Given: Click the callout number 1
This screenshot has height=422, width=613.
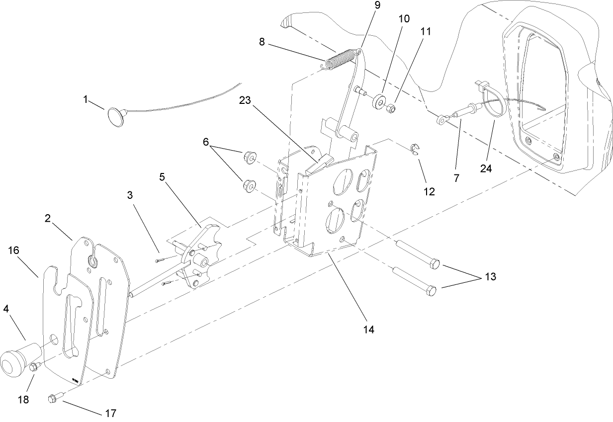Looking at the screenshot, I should (x=86, y=99).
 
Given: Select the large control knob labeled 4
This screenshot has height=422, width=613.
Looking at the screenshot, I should (x=15, y=359).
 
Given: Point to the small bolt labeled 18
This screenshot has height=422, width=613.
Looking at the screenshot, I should (x=34, y=367).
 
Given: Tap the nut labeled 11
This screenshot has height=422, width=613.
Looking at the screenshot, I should (x=391, y=107).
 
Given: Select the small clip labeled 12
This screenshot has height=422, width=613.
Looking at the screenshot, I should (x=415, y=149).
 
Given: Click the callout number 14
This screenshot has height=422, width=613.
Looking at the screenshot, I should (x=368, y=329).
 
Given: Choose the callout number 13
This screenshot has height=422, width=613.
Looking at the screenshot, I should (x=490, y=277).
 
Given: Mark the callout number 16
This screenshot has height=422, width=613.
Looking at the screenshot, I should (x=13, y=250).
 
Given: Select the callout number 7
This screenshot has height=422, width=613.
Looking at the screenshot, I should (x=456, y=177).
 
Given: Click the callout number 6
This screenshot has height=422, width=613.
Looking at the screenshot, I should (x=205, y=142).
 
